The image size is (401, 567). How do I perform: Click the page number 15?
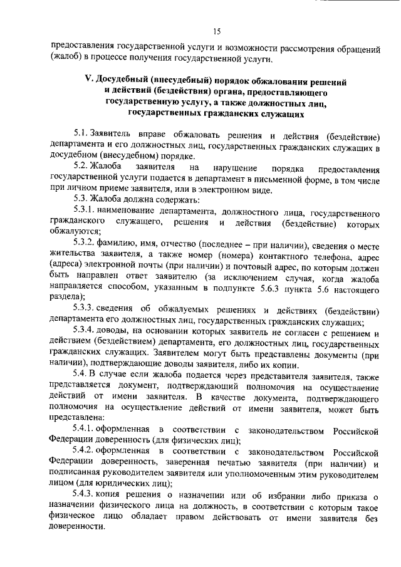tap(216, 33)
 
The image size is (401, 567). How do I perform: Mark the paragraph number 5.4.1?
tap(85, 428)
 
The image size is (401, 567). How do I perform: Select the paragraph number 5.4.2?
tap(85, 451)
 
